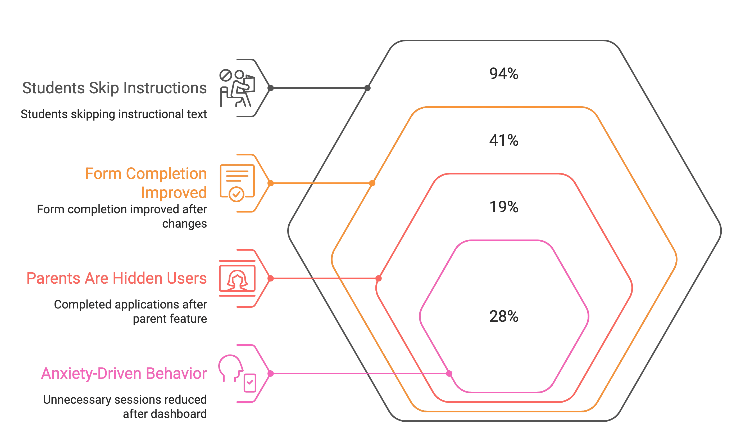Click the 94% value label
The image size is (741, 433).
tap(503, 74)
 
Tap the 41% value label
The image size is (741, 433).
tap(503, 140)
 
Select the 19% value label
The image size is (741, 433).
tap(503, 207)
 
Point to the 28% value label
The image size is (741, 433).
tap(503, 317)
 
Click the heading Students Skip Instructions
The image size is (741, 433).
tap(114, 88)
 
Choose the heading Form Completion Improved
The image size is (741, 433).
tap(146, 183)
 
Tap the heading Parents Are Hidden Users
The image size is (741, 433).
tap(116, 278)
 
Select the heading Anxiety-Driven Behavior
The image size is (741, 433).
tap(124, 373)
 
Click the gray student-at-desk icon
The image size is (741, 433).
tap(237, 88)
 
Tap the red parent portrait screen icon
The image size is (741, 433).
tap(237, 278)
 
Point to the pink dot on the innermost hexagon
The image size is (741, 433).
tap(449, 373)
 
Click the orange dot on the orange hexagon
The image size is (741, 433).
tap(372, 183)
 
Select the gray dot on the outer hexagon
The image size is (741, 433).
tap(367, 88)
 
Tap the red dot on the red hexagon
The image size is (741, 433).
tap(379, 278)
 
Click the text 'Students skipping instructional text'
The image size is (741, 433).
tap(113, 114)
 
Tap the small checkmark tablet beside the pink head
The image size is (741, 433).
tap(250, 383)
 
